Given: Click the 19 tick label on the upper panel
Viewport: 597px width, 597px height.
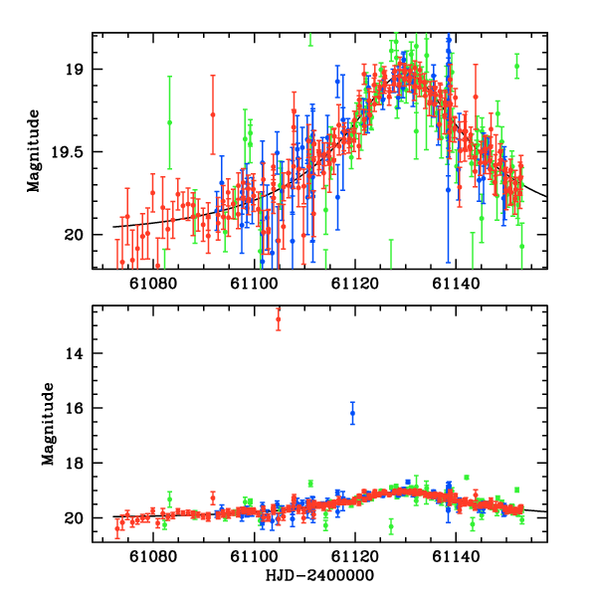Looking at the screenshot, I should tap(75, 69).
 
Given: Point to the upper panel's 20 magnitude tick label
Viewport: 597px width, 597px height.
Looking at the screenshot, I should tap(75, 235).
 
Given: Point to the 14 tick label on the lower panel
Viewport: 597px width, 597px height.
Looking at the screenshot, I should tap(75, 353).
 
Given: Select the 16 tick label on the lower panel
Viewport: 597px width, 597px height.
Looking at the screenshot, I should tap(75, 409).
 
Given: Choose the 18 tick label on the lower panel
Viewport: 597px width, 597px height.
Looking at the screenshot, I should tap(75, 464).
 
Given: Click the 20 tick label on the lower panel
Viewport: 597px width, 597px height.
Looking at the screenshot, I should tap(75, 518).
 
